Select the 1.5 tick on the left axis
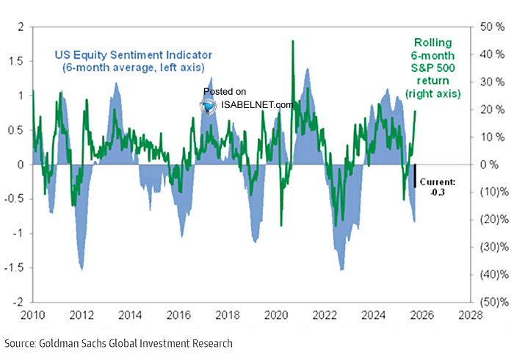[x=15, y=62]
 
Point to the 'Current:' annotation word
[x=438, y=181]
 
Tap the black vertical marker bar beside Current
[x=414, y=176]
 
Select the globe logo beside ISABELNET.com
[x=209, y=105]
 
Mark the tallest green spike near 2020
[x=293, y=41]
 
